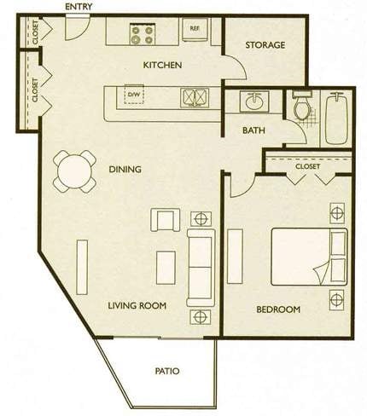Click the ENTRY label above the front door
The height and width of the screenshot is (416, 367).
tap(79, 7)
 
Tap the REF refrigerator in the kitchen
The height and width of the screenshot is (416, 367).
tap(195, 30)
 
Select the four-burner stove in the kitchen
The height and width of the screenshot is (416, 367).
tap(143, 34)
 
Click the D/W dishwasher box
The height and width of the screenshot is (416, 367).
tap(134, 95)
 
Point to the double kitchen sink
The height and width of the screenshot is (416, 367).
tap(195, 98)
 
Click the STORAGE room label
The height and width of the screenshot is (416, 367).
tap(265, 45)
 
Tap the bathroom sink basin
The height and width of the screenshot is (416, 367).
tap(254, 101)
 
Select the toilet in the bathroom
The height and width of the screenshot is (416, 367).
tap(302, 105)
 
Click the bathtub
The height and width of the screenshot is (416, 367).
tap(337, 118)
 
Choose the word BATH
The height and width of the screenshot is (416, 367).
tap(253, 130)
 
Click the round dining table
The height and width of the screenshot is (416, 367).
tap(74, 171)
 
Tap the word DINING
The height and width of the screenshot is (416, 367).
tap(125, 170)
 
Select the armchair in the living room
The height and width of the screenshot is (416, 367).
tap(166, 220)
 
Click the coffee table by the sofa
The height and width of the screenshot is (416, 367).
tap(166, 268)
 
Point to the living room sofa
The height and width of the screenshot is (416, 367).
tap(201, 268)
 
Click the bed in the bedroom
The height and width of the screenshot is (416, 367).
tap(309, 257)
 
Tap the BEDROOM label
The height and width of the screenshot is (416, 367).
tap(278, 309)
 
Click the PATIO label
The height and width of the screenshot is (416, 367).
tap(167, 371)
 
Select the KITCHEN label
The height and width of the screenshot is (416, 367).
tap(162, 65)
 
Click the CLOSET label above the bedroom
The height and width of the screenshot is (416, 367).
tap(307, 166)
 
